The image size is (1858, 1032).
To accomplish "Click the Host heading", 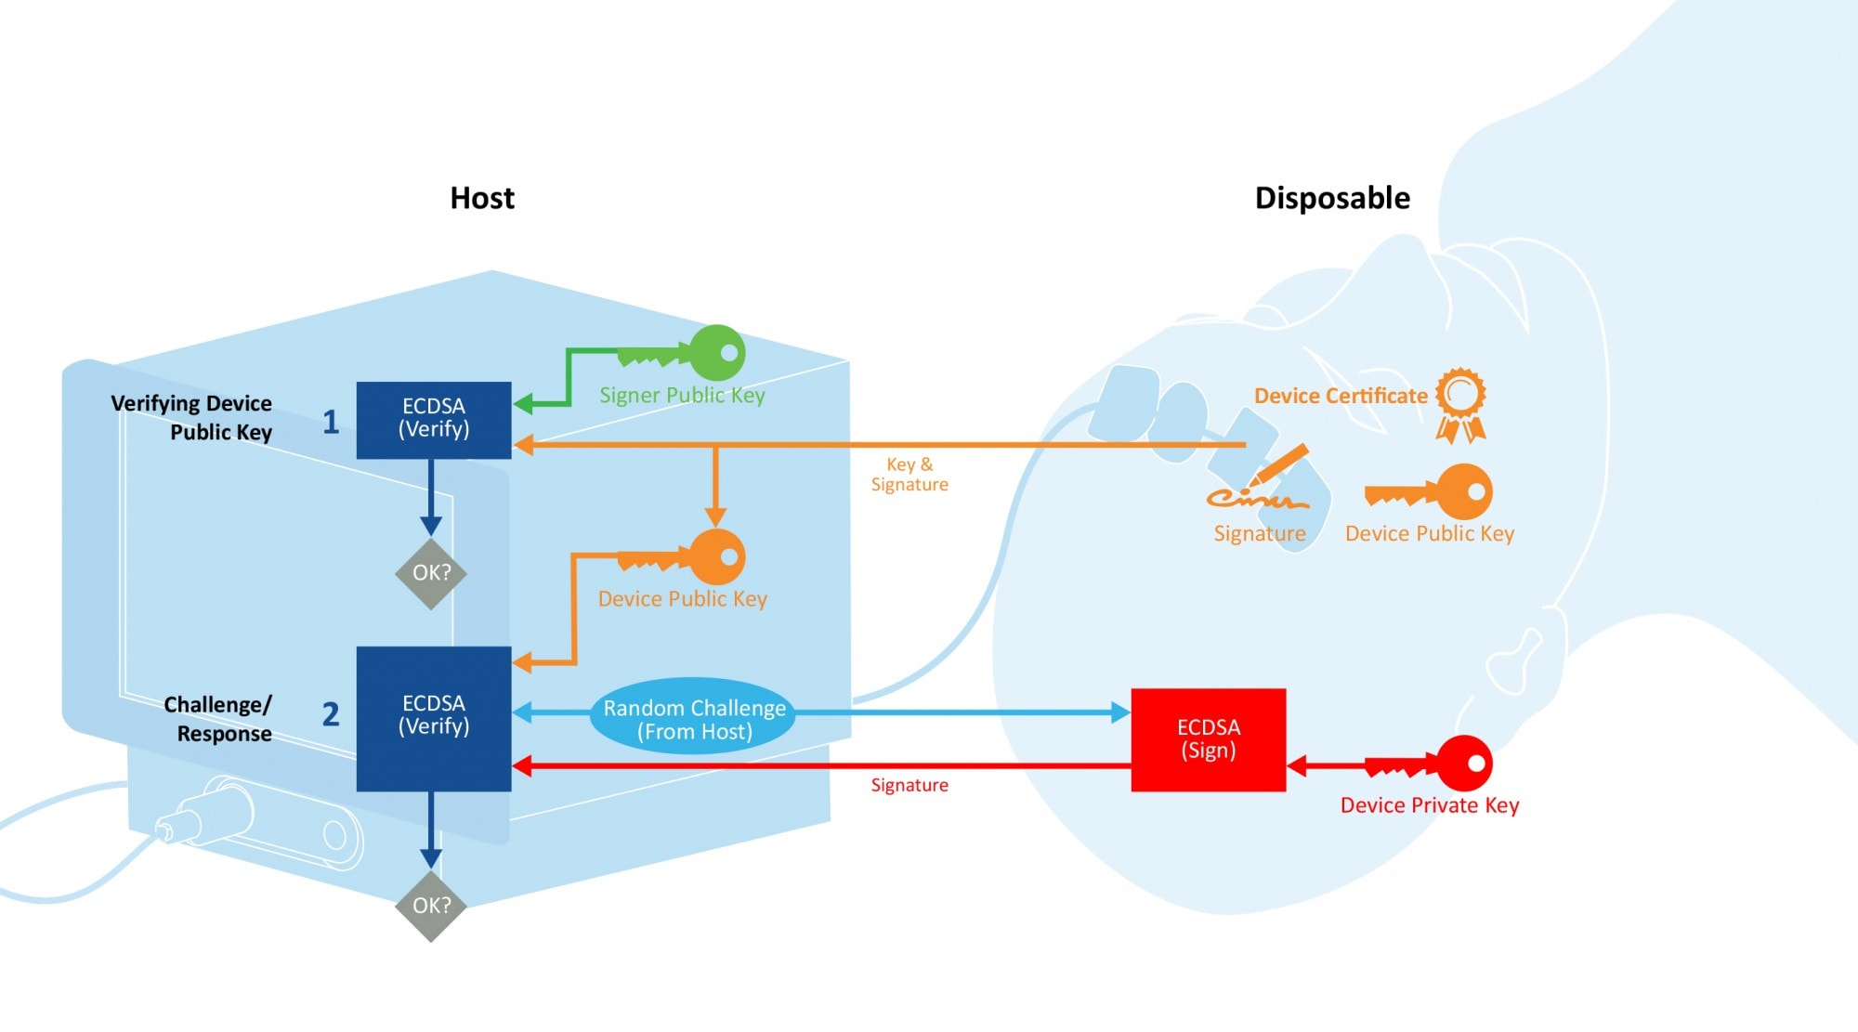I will tap(481, 198).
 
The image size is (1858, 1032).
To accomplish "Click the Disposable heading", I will tap(1331, 198).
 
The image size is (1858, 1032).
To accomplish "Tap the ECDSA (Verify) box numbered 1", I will tap(434, 419).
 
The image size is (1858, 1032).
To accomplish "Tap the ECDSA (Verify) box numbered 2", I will tap(434, 717).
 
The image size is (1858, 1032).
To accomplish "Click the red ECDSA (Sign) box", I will tap(1208, 739).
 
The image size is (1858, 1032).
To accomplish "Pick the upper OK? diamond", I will tap(431, 573).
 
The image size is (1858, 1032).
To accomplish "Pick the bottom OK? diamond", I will tap(431, 906).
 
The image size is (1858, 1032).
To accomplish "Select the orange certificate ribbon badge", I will tap(1460, 404).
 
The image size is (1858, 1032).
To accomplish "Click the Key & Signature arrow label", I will tap(909, 474).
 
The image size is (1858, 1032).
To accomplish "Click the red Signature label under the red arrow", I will tap(909, 785).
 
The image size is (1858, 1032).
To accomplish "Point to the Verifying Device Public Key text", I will tap(193, 417).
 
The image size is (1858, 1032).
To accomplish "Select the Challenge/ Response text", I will tap(219, 718).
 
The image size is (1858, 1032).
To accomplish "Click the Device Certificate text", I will tap(1340, 396).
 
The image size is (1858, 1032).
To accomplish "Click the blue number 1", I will tap(331, 422).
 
